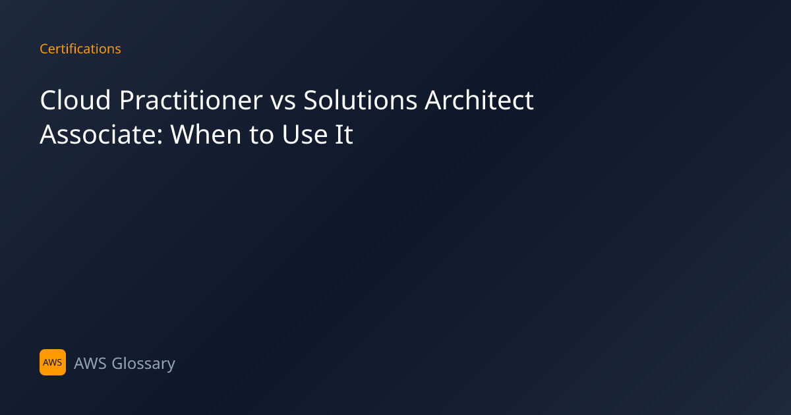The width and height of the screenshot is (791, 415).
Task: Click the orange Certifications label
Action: (x=80, y=49)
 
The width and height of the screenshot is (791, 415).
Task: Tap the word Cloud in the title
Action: (x=75, y=100)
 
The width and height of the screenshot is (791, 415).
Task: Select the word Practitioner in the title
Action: (x=190, y=100)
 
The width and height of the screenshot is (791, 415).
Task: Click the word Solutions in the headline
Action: (x=360, y=100)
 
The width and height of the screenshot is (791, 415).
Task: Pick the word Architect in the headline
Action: (x=479, y=100)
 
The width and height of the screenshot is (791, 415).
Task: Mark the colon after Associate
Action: (x=160, y=138)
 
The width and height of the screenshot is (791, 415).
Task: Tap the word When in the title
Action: (x=206, y=134)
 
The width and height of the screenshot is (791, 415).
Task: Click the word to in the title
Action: (x=261, y=136)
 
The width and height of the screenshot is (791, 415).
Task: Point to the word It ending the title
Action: (x=344, y=134)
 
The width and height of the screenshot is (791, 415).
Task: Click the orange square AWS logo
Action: (x=53, y=362)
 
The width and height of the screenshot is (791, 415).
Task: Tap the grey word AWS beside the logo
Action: (x=90, y=364)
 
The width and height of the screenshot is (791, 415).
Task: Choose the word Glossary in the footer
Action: (x=144, y=364)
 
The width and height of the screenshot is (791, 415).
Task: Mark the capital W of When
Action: (x=185, y=134)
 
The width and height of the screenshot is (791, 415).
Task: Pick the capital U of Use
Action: (x=290, y=134)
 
